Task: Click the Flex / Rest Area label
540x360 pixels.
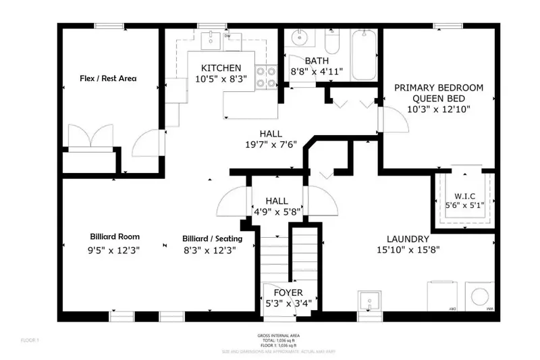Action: pyautogui.click(x=108, y=78)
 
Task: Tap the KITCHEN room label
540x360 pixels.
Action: pyautogui.click(x=221, y=68)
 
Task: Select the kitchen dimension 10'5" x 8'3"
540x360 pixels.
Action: pyautogui.click(x=221, y=79)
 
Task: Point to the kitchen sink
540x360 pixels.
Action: pyautogui.click(x=211, y=38)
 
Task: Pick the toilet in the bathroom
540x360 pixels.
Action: pyautogui.click(x=332, y=42)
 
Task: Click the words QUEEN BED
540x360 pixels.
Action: pyautogui.click(x=439, y=98)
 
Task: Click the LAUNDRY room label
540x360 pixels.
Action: pyautogui.click(x=408, y=239)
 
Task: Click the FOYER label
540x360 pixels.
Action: pyautogui.click(x=288, y=292)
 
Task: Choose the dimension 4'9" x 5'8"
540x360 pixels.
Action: pyautogui.click(x=277, y=211)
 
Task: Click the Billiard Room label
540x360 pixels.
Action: pyautogui.click(x=115, y=237)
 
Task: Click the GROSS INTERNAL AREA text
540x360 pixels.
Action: pyautogui.click(x=279, y=335)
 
